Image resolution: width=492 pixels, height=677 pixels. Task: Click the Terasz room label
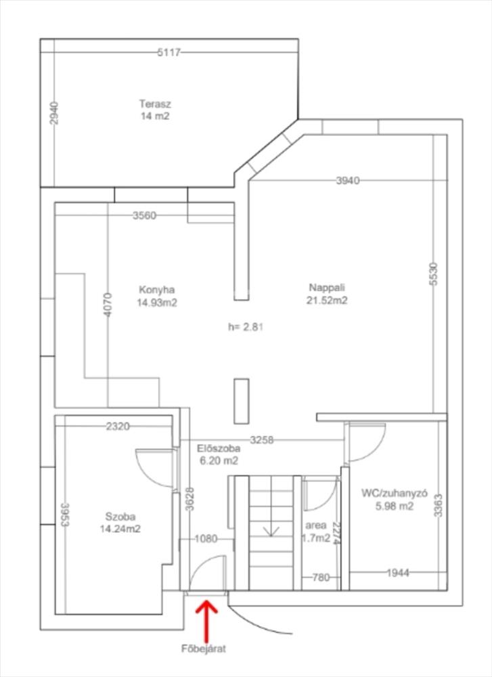point(154,104)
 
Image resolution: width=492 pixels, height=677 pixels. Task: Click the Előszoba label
point(217,448)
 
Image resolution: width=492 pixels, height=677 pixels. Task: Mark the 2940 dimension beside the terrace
point(54,113)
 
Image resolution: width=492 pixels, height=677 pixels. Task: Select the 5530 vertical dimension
point(434,274)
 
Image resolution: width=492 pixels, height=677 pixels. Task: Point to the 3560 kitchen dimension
point(144,216)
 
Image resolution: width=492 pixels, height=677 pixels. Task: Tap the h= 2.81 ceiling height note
point(246,326)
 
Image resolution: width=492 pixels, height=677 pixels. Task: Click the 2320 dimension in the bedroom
point(118,426)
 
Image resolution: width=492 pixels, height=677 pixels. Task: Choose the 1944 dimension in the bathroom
point(397,573)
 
